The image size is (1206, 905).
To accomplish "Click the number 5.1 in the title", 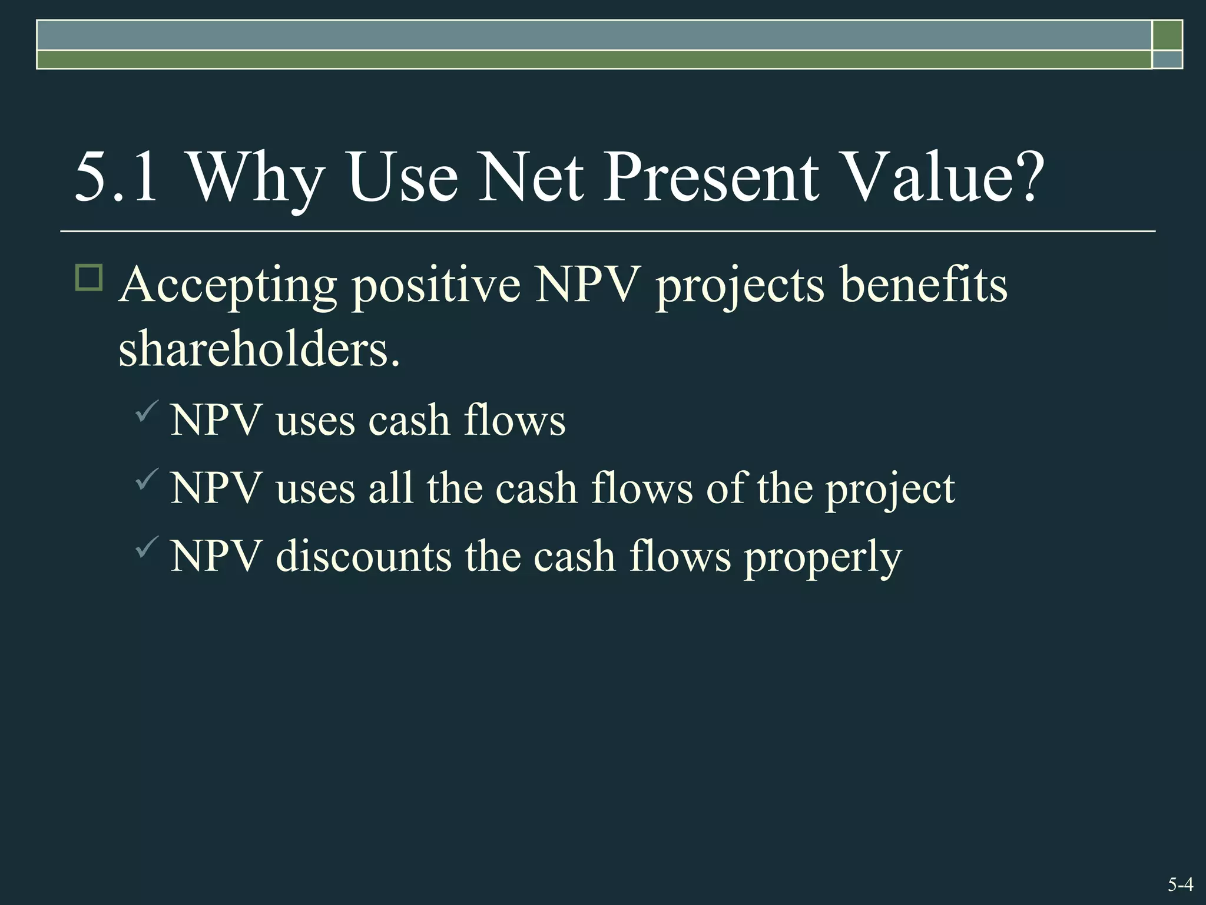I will click(x=116, y=177).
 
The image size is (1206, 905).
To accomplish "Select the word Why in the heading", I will click(x=256, y=177).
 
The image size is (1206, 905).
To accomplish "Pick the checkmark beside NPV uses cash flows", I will click(x=147, y=411).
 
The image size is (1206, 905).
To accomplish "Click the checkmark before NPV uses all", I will click(x=147, y=478).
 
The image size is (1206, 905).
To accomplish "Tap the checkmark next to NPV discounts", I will click(x=147, y=547).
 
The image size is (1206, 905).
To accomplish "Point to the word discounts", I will click(x=363, y=557).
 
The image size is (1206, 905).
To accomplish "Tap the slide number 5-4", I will click(x=1180, y=884).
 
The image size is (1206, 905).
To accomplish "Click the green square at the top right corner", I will click(x=1167, y=35).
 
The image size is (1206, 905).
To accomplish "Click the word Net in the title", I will click(x=531, y=177).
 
